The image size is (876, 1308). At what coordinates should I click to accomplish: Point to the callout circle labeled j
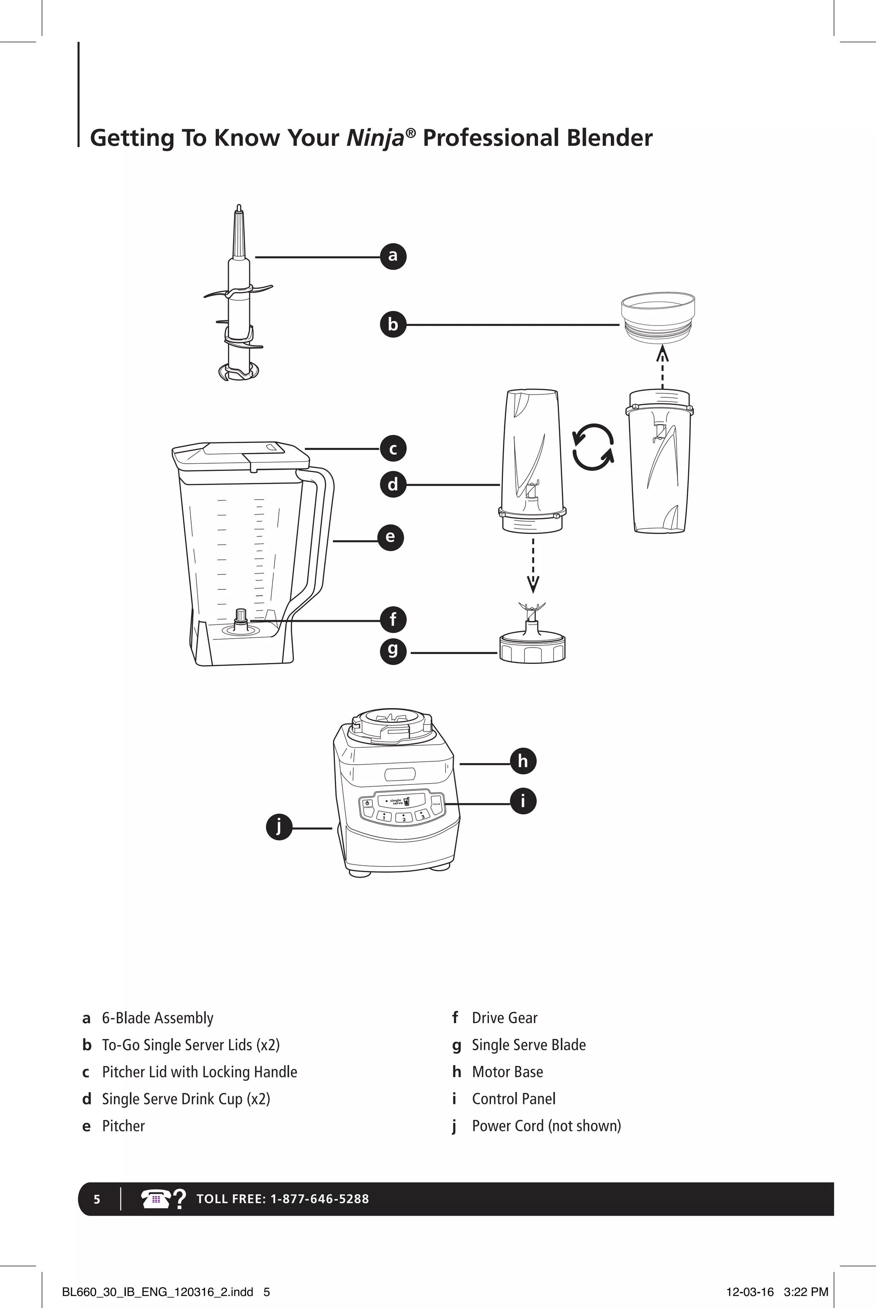coord(279,827)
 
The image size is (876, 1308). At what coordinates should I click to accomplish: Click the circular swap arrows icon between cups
coord(593,447)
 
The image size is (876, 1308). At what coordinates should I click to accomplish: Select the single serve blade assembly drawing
coord(532,637)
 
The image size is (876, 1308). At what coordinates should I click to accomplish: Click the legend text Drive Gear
coord(504,1018)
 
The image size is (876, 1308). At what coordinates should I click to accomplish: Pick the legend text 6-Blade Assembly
coord(157,1018)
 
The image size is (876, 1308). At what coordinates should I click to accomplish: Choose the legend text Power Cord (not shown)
coord(546,1126)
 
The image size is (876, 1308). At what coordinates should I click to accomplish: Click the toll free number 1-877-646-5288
coord(320,1199)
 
